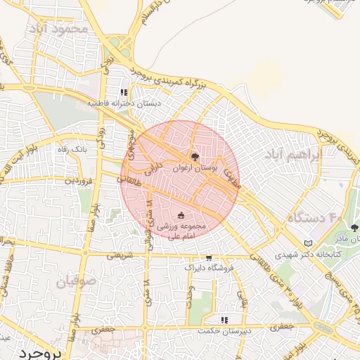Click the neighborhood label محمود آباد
tap(59, 29)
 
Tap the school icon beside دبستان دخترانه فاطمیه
tap(124, 92)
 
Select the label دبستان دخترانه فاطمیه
tap(124, 103)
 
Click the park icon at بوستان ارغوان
tap(195, 156)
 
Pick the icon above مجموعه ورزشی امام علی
tap(181, 215)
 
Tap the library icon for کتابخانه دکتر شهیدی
tap(307, 243)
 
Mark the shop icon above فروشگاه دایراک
tap(208, 257)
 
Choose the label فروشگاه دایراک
tap(207, 268)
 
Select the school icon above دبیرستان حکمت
tap(224, 320)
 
